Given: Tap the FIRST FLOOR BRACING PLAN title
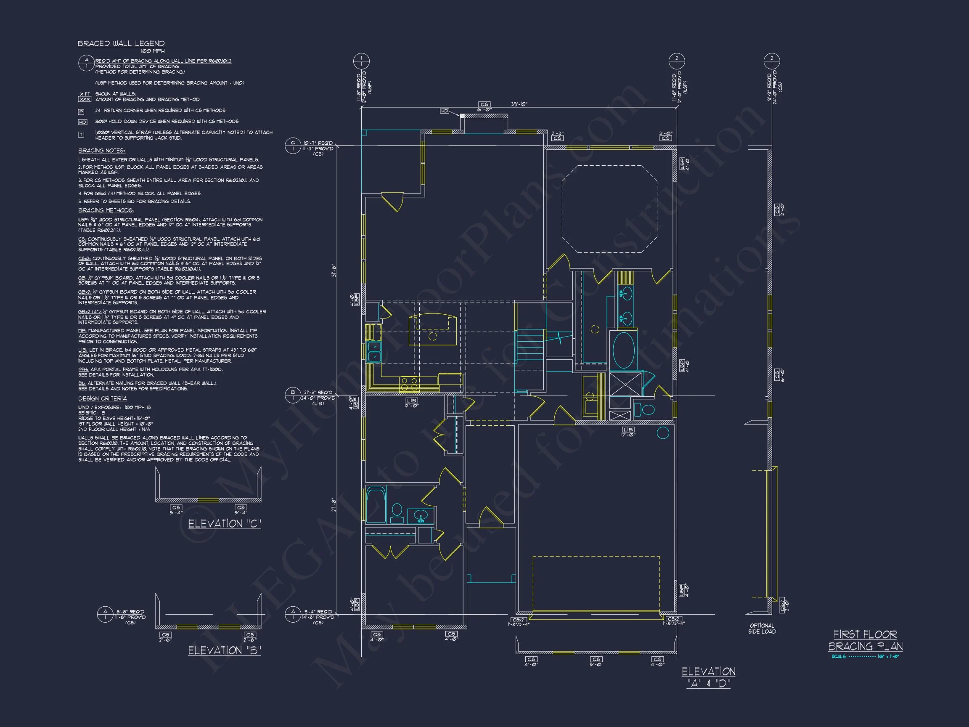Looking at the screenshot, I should pyautogui.click(x=865, y=640).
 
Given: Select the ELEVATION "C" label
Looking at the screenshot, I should pyautogui.click(x=224, y=524).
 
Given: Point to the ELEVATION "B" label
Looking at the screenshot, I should pyautogui.click(x=224, y=650).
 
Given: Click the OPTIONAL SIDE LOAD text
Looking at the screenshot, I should pyautogui.click(x=762, y=629).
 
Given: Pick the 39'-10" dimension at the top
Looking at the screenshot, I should pyautogui.click(x=519, y=104).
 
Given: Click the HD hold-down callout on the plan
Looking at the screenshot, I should pyautogui.click(x=445, y=111).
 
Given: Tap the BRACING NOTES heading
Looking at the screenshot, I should pyautogui.click(x=102, y=151).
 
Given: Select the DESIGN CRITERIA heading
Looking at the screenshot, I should pyautogui.click(x=103, y=398).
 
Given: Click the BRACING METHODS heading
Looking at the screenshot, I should pyautogui.click(x=106, y=211).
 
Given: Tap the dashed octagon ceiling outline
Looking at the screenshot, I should pyautogui.click(x=609, y=209).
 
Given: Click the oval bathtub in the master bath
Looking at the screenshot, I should pyautogui.click(x=623, y=350).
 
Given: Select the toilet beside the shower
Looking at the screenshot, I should pyautogui.click(x=645, y=410).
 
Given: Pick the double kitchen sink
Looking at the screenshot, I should pyautogui.click(x=375, y=351).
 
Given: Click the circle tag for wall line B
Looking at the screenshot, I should pyautogui.click(x=293, y=395).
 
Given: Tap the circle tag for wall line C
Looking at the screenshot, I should pyautogui.click(x=293, y=146).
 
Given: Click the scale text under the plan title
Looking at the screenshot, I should pyautogui.click(x=865, y=656).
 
